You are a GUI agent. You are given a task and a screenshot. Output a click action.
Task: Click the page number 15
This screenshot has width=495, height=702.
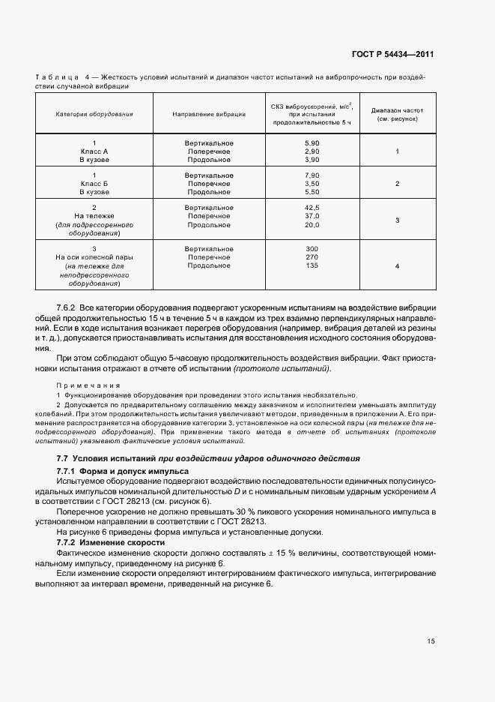click(431, 641)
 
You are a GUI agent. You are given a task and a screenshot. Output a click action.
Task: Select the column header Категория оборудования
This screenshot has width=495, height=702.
click(94, 114)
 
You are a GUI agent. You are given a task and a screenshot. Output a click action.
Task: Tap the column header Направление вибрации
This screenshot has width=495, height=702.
click(209, 114)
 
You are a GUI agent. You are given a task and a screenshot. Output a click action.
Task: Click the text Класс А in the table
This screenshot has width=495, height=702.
click(94, 151)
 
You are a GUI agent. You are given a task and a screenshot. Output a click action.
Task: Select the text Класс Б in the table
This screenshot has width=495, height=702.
click(94, 184)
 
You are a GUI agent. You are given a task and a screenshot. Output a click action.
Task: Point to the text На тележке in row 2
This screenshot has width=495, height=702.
click(94, 216)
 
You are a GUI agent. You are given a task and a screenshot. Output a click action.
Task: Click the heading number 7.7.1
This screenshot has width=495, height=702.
click(70, 469)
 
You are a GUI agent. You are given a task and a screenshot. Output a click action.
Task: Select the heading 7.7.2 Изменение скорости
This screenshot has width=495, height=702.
click(111, 542)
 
